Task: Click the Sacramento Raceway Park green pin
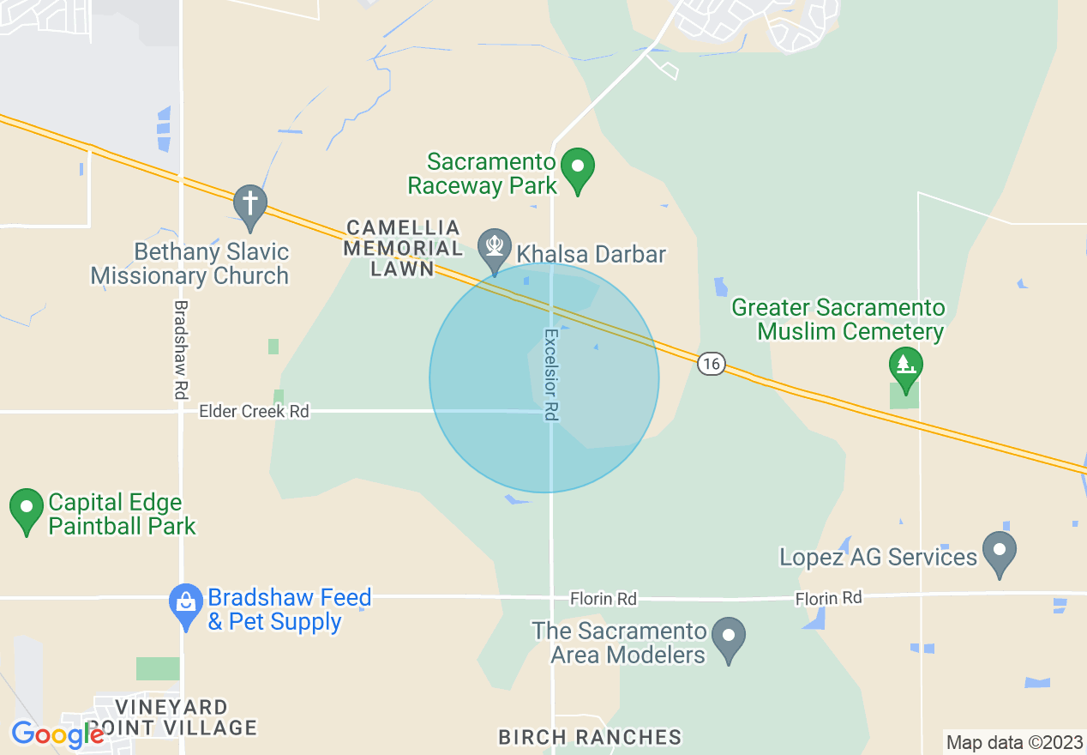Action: point(578,168)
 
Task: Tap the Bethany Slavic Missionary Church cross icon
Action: point(249,205)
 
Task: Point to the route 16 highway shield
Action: point(710,364)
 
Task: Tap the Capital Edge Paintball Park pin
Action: point(27,509)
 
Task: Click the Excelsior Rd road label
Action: point(551,375)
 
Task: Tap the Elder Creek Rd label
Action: point(254,412)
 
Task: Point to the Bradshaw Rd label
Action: point(181,349)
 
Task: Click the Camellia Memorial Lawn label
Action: point(403,249)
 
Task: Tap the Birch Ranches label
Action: point(590,737)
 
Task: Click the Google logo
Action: point(57,734)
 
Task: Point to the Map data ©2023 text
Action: point(1014,743)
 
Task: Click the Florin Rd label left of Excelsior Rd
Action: point(604,598)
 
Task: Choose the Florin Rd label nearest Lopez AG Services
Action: point(828,598)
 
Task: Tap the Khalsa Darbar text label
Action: point(590,255)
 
